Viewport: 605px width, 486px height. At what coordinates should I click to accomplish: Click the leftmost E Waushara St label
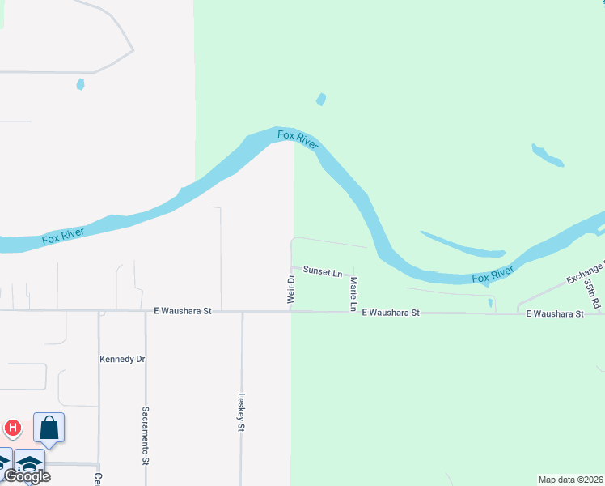[183, 310]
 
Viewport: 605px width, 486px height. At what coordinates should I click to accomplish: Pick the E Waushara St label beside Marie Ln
[391, 312]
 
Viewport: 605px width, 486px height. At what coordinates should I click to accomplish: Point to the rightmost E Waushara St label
[555, 313]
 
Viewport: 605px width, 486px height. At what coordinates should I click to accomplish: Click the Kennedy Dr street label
[121, 359]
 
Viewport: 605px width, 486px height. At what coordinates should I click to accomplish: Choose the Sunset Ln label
[322, 273]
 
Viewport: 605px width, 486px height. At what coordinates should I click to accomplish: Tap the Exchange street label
[586, 274]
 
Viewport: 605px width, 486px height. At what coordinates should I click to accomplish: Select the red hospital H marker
[13, 427]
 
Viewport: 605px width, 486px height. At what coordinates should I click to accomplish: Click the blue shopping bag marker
[49, 428]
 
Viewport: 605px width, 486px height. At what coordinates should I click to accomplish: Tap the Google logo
[27, 476]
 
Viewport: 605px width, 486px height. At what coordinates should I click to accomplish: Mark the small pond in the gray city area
[79, 83]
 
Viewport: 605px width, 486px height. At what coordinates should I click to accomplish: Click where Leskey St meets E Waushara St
[242, 312]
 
